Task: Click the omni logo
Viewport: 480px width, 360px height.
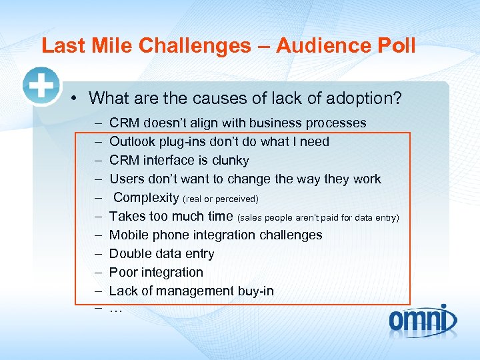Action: (423, 320)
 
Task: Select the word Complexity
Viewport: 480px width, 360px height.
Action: (146, 197)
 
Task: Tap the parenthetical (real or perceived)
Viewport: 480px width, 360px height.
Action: (220, 199)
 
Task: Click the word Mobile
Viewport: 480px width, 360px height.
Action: (129, 235)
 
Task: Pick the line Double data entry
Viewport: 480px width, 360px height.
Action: (161, 253)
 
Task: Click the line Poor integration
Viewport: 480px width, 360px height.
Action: (156, 272)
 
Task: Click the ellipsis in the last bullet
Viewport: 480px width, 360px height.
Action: (116, 309)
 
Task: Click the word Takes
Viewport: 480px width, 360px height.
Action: (127, 216)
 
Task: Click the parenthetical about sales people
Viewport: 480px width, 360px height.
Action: (319, 217)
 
